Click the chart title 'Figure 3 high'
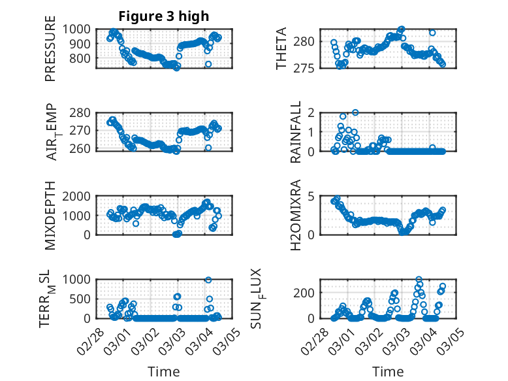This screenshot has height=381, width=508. click(x=163, y=16)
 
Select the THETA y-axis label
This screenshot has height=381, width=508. click(x=281, y=48)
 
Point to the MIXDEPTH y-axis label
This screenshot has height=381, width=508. click(x=50, y=215)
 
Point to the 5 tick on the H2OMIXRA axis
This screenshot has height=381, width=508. click(x=312, y=196)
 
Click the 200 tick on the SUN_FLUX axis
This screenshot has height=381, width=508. click(x=308, y=291)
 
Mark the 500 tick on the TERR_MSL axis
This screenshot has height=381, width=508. click(x=83, y=299)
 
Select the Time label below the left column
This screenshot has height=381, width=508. click(x=163, y=371)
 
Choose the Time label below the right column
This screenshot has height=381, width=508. click(x=388, y=371)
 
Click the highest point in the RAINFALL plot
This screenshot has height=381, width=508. click(x=355, y=112)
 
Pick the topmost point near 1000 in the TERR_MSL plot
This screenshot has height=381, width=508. click(x=208, y=280)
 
